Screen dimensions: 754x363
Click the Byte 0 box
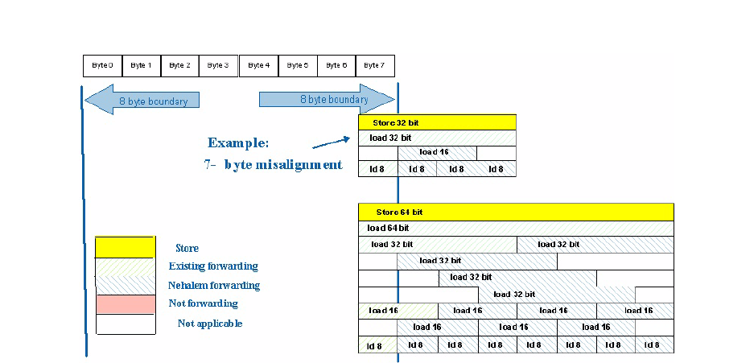[102, 65]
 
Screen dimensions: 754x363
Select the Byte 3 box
[219, 65]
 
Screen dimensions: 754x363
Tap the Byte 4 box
[258, 65]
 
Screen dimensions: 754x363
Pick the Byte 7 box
[375, 65]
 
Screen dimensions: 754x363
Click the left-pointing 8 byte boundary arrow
[142, 101]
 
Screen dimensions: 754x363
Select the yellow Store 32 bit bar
[437, 122]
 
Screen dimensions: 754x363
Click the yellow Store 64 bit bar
[515, 212]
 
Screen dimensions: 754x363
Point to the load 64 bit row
[515, 228]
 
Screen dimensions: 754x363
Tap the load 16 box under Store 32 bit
[437, 152]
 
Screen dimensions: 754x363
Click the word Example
[238, 143]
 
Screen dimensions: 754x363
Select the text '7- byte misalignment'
[273, 165]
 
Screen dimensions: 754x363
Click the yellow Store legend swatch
[125, 246]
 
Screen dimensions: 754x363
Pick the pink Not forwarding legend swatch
[125, 304]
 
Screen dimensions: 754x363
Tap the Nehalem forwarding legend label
[214, 285]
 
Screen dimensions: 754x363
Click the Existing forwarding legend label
[213, 266]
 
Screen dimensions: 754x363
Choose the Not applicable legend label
[210, 324]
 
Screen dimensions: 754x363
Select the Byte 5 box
[297, 65]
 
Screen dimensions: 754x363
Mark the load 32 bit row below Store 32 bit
[437, 138]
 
